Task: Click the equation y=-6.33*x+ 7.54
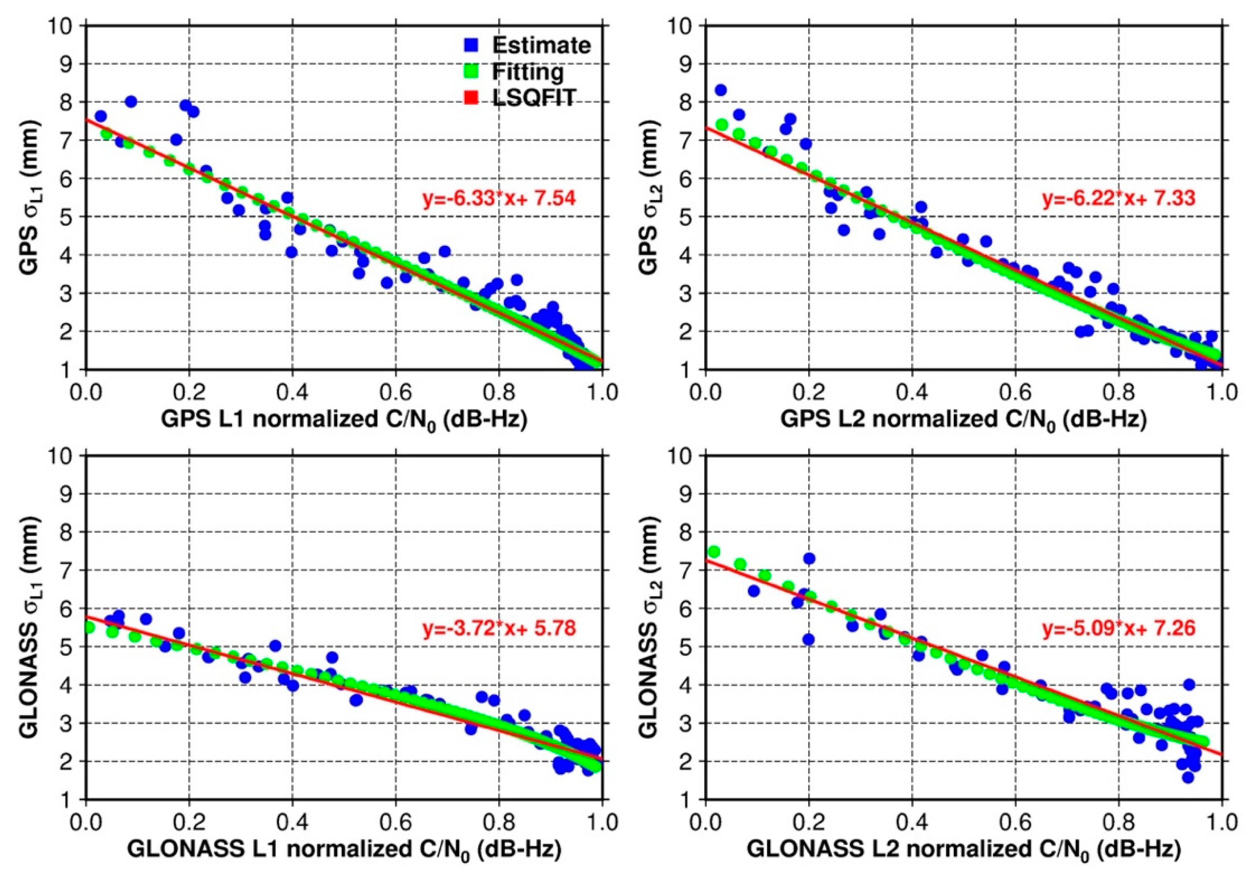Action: (499, 198)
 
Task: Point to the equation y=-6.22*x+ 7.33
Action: (1119, 198)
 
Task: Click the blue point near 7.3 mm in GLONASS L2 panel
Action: (809, 558)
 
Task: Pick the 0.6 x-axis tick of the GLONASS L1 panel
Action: (395, 822)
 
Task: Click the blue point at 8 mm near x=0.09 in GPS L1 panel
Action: (131, 101)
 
